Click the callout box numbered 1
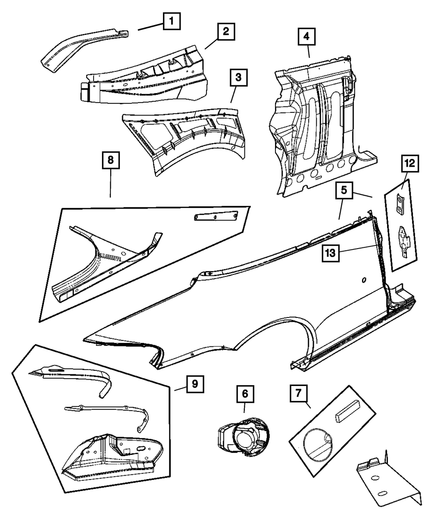click(172, 20)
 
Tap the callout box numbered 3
click(238, 78)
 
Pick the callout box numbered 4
click(306, 37)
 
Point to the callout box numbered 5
click(344, 190)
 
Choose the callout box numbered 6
click(244, 393)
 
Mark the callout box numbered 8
click(111, 161)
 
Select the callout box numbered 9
click(195, 383)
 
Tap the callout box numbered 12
click(410, 164)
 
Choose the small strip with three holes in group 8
click(215, 217)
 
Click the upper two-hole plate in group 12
click(400, 203)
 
